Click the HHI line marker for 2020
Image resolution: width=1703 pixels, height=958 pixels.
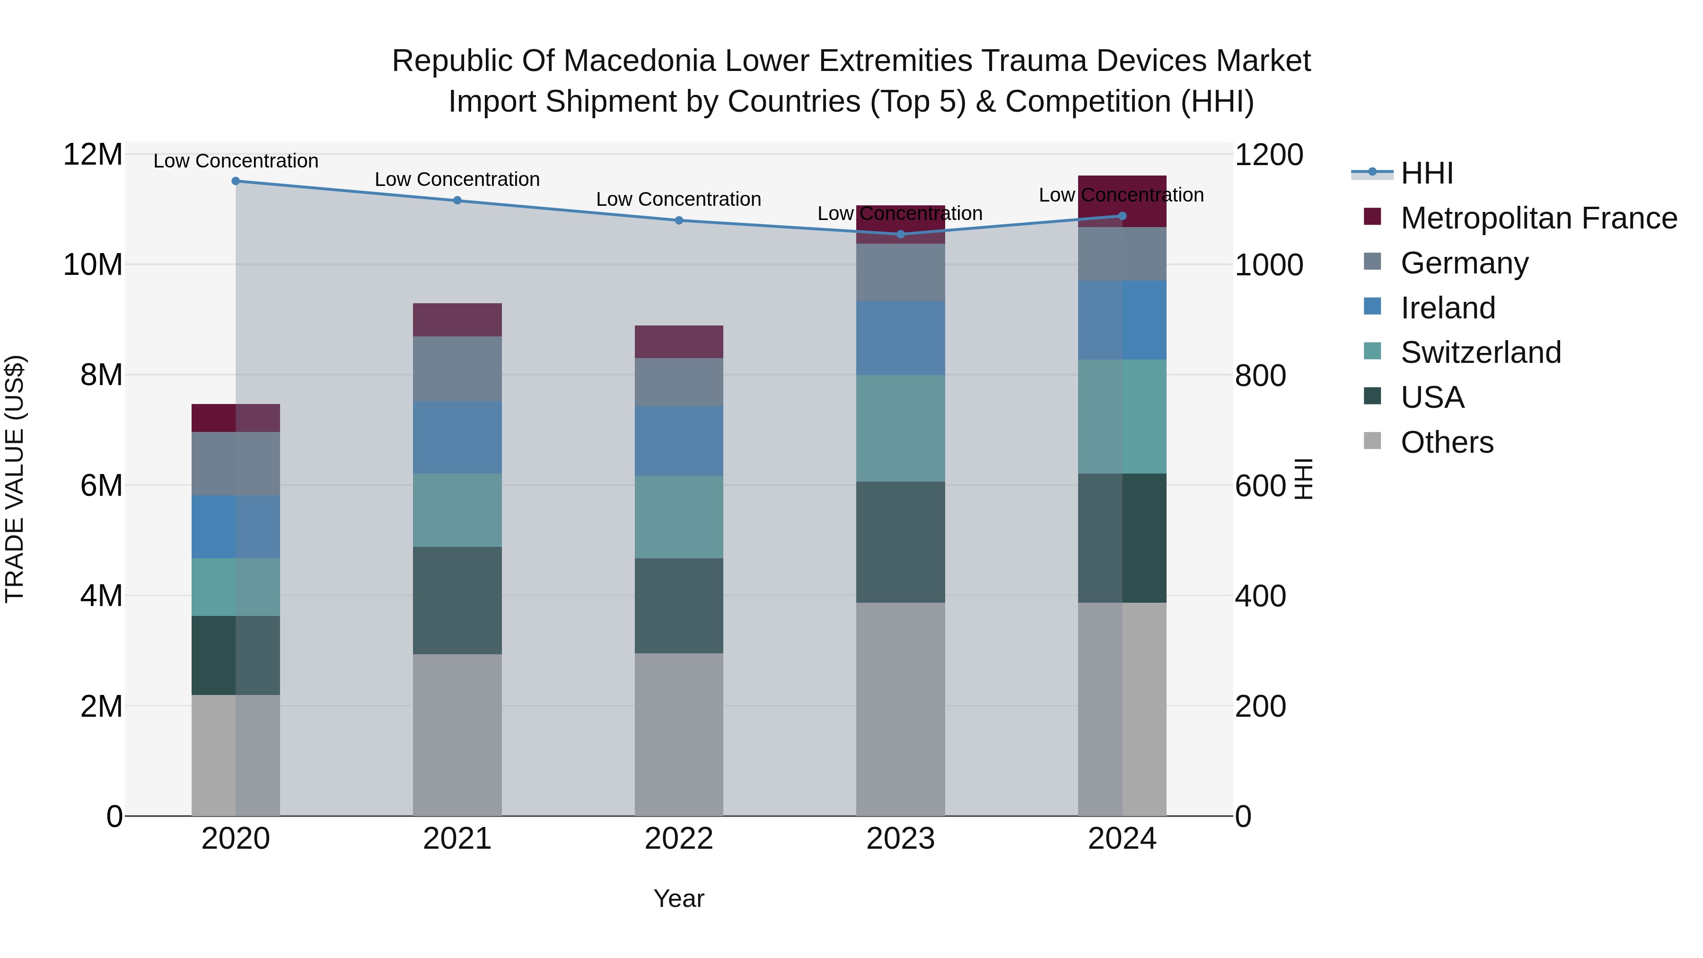236,181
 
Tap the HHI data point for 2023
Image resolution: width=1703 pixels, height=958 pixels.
900,234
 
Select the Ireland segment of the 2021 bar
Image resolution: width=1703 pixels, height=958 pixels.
457,437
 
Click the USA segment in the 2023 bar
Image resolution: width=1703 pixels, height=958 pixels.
900,542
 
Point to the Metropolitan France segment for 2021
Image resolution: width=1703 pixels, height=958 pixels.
457,319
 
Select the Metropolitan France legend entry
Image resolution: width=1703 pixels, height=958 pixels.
1538,218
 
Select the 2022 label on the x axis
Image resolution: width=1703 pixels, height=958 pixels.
678,839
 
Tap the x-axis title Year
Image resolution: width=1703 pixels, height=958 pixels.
678,898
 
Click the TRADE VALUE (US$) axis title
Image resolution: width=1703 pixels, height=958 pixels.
15,479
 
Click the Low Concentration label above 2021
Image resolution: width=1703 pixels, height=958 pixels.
457,179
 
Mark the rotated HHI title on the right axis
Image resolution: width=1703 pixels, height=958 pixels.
1302,479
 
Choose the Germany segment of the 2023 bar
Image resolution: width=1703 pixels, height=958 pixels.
900,272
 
